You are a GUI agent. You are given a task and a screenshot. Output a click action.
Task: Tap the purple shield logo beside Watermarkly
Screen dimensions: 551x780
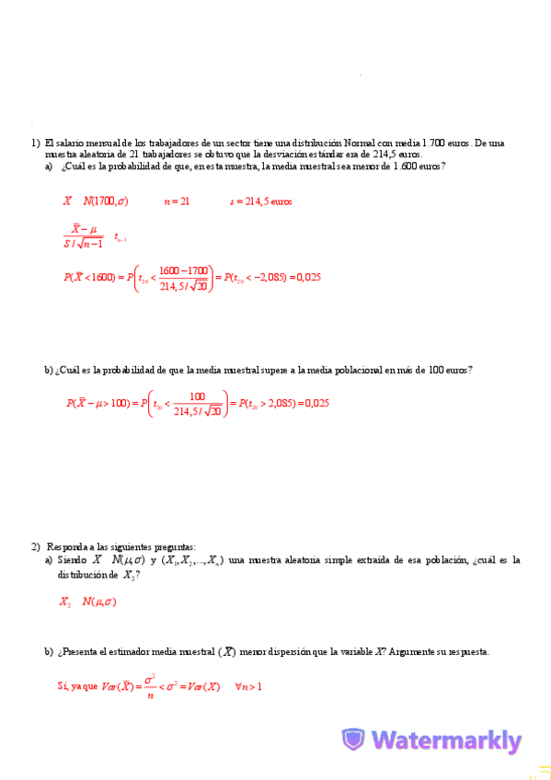353,740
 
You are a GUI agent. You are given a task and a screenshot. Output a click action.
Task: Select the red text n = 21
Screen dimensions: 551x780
177,201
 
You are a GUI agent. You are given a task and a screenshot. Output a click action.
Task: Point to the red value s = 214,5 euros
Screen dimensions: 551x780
260,201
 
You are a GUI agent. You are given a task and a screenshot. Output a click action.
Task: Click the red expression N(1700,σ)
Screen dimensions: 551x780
105,201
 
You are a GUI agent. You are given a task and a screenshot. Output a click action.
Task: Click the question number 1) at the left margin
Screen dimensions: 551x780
35,143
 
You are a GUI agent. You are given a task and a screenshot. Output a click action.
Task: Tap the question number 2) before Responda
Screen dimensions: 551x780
35,545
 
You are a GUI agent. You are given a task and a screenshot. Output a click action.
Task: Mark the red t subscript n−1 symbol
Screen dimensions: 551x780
120,237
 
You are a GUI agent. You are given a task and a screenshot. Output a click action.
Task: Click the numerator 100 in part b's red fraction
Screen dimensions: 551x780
197,396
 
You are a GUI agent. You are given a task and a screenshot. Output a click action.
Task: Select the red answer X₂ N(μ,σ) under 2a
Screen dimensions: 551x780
86,602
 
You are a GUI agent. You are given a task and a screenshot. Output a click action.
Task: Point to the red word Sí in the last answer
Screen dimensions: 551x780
63,686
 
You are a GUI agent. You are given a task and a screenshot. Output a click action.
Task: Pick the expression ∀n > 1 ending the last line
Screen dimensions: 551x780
248,686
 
